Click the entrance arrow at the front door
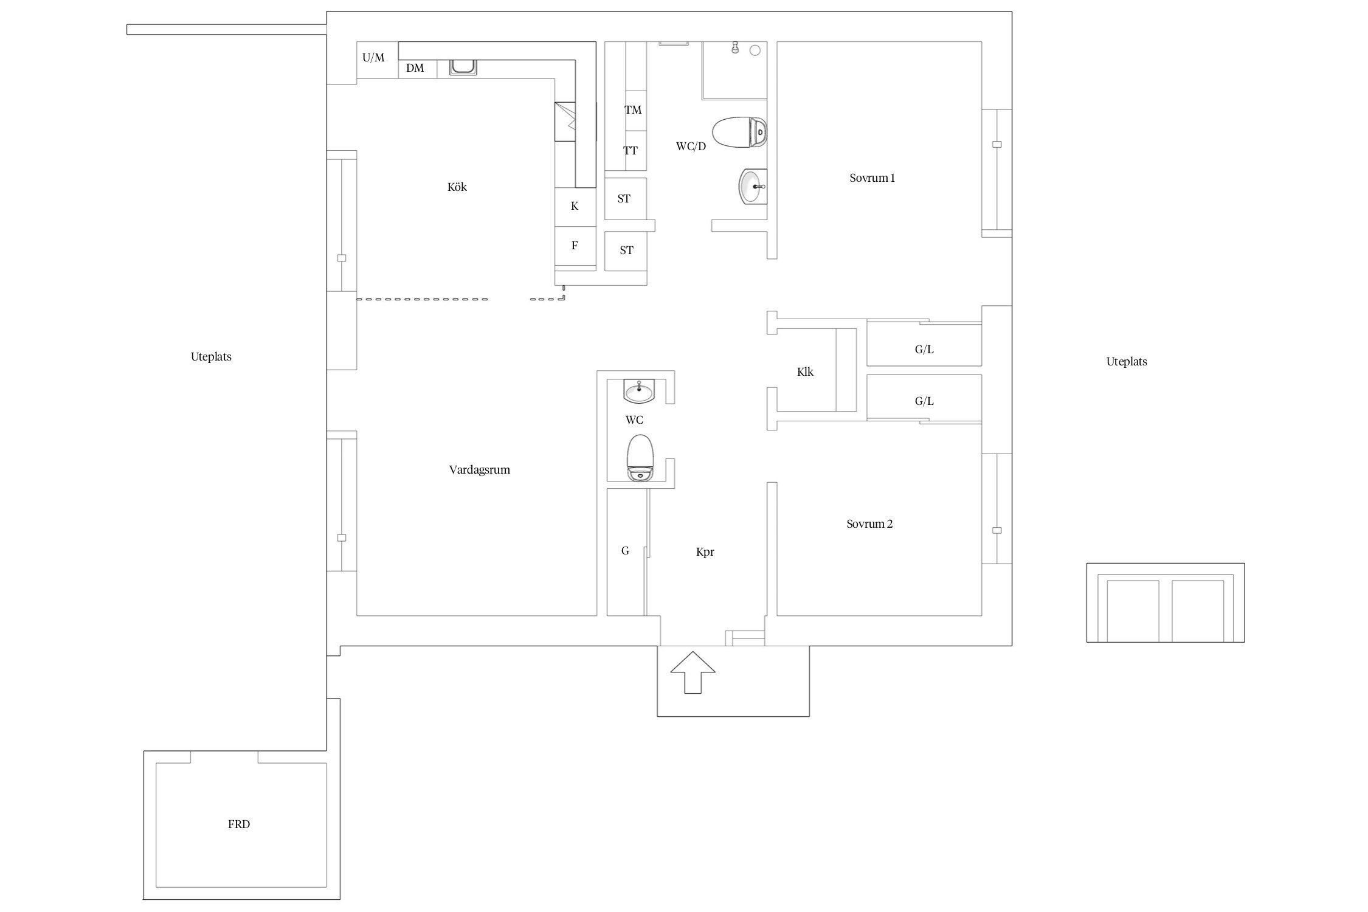coord(693,672)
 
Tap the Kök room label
coord(457,187)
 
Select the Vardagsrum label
coord(480,470)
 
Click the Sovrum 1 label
coord(872,178)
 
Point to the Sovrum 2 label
coord(869,524)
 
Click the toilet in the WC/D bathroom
coord(739,133)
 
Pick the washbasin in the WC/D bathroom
coord(753,187)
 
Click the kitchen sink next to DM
coord(463,67)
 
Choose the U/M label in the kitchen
coord(373,58)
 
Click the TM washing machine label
coord(633,110)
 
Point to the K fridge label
coord(575,206)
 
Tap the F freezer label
coord(575,246)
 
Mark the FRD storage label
coord(239,824)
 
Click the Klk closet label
coord(805,372)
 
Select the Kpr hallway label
coord(705,552)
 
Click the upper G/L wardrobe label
coord(924,350)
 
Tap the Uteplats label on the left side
coord(211,357)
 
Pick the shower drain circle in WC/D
coord(755,50)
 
